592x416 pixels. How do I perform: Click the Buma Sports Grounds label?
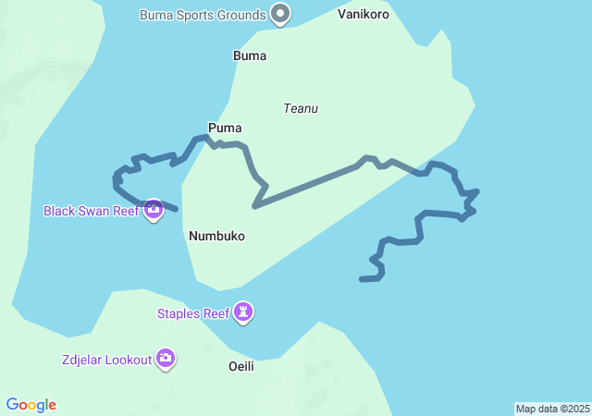tap(203, 15)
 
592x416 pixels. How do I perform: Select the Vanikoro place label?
tap(364, 15)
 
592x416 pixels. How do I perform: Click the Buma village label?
tap(250, 55)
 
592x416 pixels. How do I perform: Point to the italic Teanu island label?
tap(301, 108)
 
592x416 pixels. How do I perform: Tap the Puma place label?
tap(225, 128)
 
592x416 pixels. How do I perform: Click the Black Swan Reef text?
tap(90, 211)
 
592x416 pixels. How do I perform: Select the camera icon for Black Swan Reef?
tap(154, 210)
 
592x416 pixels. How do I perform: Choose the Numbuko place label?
tap(216, 236)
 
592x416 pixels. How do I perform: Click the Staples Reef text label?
tap(192, 313)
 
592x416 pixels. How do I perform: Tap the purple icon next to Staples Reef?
tap(243, 312)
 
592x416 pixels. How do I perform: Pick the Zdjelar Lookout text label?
tap(106, 360)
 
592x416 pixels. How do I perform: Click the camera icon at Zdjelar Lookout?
tap(166, 359)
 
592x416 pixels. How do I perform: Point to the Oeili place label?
tap(240, 366)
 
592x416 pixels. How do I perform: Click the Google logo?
tap(31, 405)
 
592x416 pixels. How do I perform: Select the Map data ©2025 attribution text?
tap(552, 409)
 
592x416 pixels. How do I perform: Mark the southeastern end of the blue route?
tap(363, 278)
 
